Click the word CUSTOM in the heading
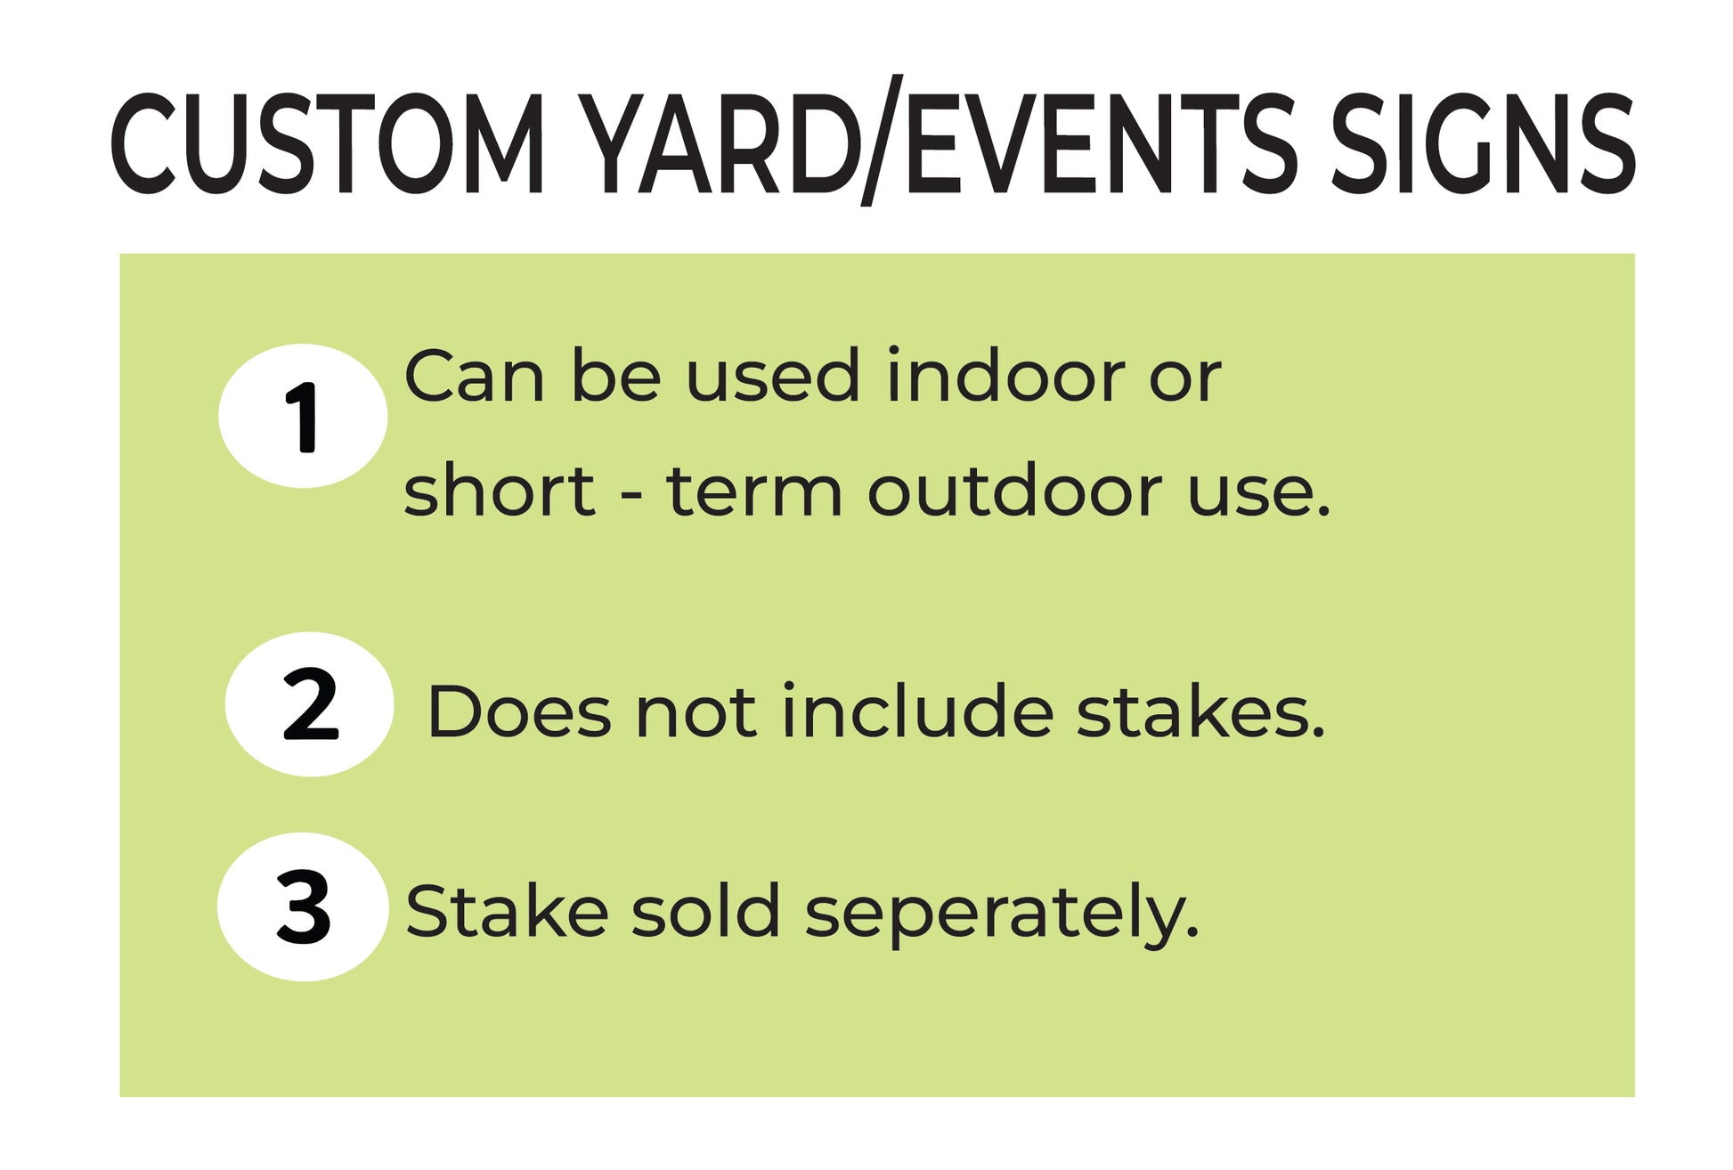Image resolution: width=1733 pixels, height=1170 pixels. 327,142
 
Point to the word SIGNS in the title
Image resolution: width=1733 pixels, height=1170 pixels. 1483,142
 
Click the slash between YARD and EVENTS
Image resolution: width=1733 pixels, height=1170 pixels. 882,141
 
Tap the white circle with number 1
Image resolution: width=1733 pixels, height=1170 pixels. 303,416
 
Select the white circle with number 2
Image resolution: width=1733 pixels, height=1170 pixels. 309,704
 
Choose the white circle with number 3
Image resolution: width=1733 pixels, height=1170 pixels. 303,907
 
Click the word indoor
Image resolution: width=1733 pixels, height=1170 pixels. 1005,376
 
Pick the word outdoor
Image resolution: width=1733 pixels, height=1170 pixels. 1014,491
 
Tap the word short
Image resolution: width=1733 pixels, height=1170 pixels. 499,491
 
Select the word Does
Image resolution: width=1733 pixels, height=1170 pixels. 520,711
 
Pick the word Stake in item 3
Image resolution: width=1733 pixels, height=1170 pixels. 507,911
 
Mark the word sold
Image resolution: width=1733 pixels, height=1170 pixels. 705,911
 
